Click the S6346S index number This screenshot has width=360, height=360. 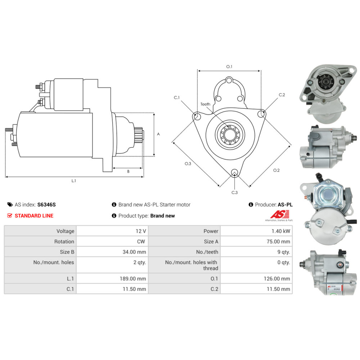pos(46,204)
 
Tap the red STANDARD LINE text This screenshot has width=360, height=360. pos(34,216)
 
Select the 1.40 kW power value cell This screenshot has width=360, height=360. pos(281,231)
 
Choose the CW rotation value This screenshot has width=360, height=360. pos(141,242)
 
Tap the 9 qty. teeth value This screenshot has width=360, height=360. pos(283,252)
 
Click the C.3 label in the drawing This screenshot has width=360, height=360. pos(234,193)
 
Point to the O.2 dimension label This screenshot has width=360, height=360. pos(276,170)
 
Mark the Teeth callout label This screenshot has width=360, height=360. pos(205,104)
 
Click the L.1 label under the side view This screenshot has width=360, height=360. pos(73,181)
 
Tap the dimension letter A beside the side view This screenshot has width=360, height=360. pos(158,134)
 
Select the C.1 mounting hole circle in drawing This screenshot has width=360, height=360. pos(197,116)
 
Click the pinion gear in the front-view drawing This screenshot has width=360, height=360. pos(229,135)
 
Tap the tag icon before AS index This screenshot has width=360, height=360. pos(10,204)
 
